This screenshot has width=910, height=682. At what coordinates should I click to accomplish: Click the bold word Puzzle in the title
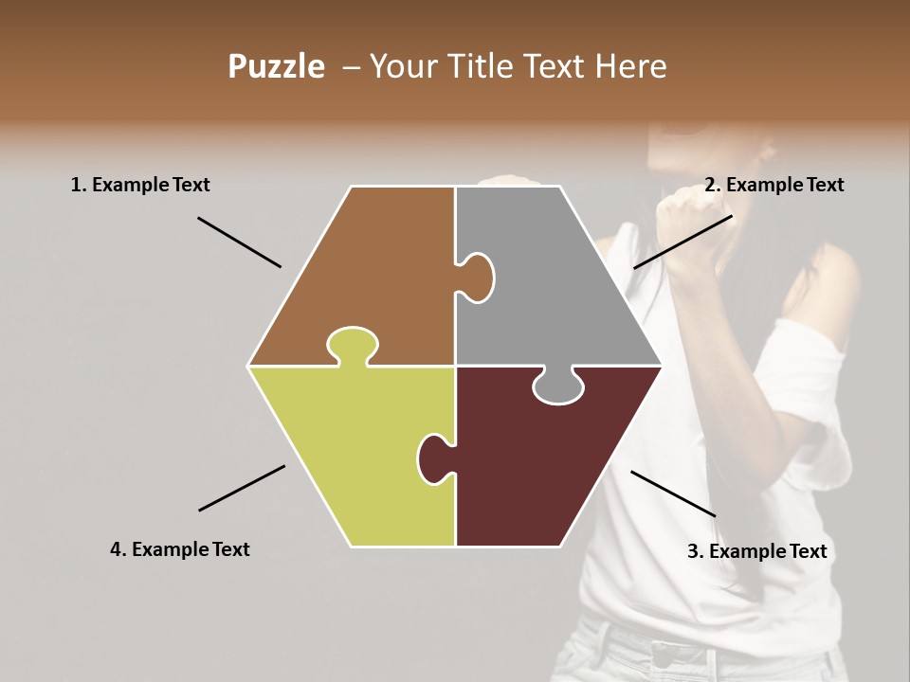pyautogui.click(x=276, y=66)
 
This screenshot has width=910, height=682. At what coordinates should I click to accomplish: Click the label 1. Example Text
pyautogui.click(x=140, y=185)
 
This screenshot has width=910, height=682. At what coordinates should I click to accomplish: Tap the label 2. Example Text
pyautogui.click(x=773, y=185)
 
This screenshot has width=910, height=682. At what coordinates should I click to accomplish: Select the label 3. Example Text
pyautogui.click(x=756, y=551)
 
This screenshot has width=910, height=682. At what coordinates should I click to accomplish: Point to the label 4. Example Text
pyautogui.click(x=179, y=549)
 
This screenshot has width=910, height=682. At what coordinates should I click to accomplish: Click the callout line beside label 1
pyautogui.click(x=239, y=242)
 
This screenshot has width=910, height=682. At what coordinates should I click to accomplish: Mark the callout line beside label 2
pyautogui.click(x=682, y=242)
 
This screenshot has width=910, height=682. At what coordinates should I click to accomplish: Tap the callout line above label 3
pyautogui.click(x=673, y=494)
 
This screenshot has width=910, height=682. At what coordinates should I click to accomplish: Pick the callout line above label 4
pyautogui.click(x=242, y=488)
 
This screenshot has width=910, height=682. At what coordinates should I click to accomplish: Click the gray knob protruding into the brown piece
pyautogui.click(x=477, y=277)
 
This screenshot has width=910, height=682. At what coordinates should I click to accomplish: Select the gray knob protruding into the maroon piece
pyautogui.click(x=557, y=386)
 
